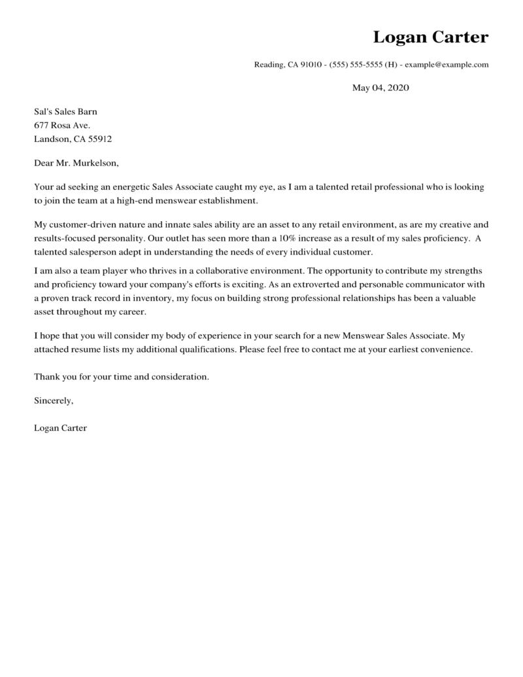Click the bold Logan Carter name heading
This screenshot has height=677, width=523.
[430, 37]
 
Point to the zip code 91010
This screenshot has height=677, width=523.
[311, 65]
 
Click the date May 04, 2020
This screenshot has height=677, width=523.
[380, 88]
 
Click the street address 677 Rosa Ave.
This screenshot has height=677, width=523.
[62, 125]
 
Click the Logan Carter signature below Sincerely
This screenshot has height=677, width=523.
[60, 428]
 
